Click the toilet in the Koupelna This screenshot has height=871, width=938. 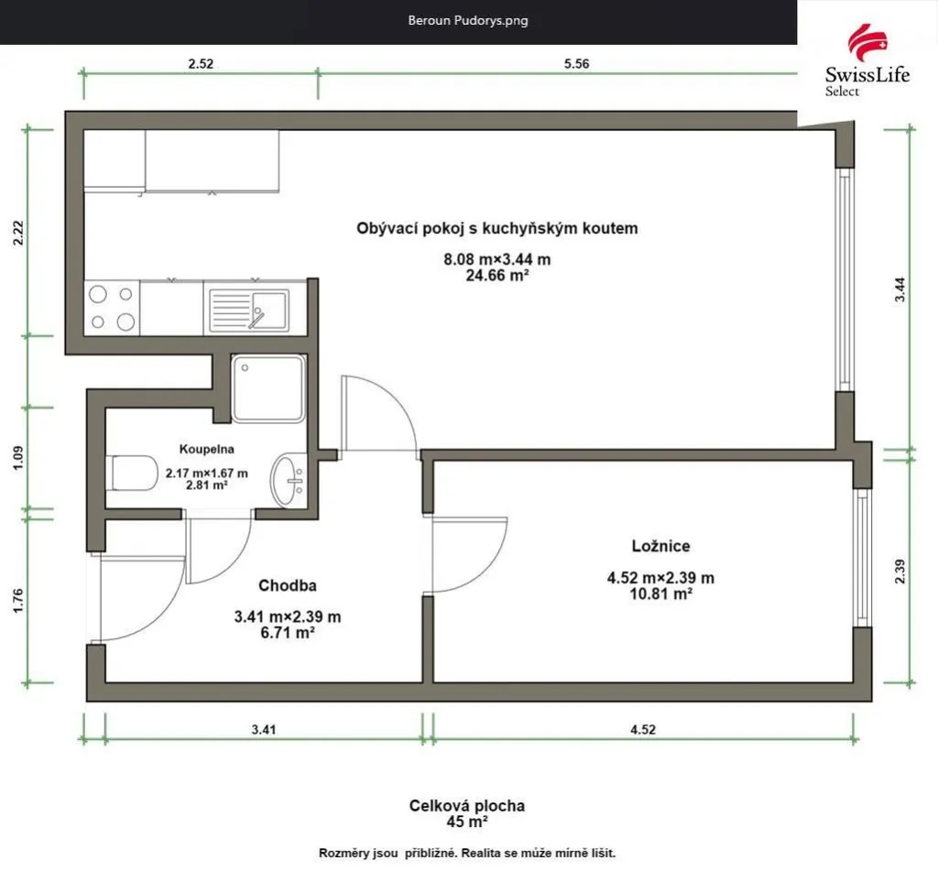pyautogui.click(x=132, y=473)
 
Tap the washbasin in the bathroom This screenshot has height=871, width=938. pyautogui.click(x=289, y=480)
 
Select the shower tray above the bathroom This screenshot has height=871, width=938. pyautogui.click(x=268, y=388)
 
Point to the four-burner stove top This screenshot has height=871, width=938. pyautogui.click(x=112, y=308)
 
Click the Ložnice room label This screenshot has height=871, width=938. pyautogui.click(x=661, y=546)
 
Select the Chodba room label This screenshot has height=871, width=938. pyautogui.click(x=287, y=585)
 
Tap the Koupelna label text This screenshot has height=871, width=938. pyautogui.click(x=206, y=449)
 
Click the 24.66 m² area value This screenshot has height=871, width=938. pyautogui.click(x=497, y=275)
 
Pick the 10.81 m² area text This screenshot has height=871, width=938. pyautogui.click(x=661, y=593)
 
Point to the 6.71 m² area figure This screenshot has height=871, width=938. pyautogui.click(x=288, y=632)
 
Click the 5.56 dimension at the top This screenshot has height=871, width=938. pyautogui.click(x=577, y=63)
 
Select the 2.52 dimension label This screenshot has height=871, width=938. pyautogui.click(x=201, y=63)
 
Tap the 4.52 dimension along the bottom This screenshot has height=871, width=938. pyautogui.click(x=643, y=729)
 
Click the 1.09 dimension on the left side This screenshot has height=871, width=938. pyautogui.click(x=18, y=458)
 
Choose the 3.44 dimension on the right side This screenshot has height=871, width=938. pyautogui.click(x=900, y=289)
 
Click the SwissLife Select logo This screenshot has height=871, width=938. pyautogui.click(x=867, y=60)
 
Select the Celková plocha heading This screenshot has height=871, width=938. pyautogui.click(x=467, y=805)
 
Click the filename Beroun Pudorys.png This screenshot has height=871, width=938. pyautogui.click(x=468, y=20)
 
